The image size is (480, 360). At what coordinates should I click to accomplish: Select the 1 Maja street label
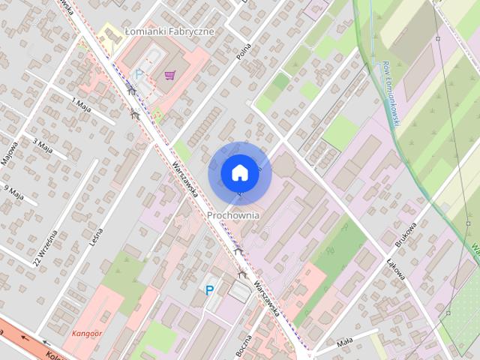pyautogui.click(x=80, y=105)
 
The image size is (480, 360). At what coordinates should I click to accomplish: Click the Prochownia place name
pyautogui.click(x=233, y=215)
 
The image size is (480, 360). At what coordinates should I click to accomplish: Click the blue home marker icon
pyautogui.click(x=239, y=172)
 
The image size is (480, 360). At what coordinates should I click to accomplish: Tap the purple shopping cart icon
pyautogui.click(x=170, y=74)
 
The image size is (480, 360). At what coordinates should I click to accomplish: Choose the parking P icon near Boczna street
pyautogui.click(x=209, y=289)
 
